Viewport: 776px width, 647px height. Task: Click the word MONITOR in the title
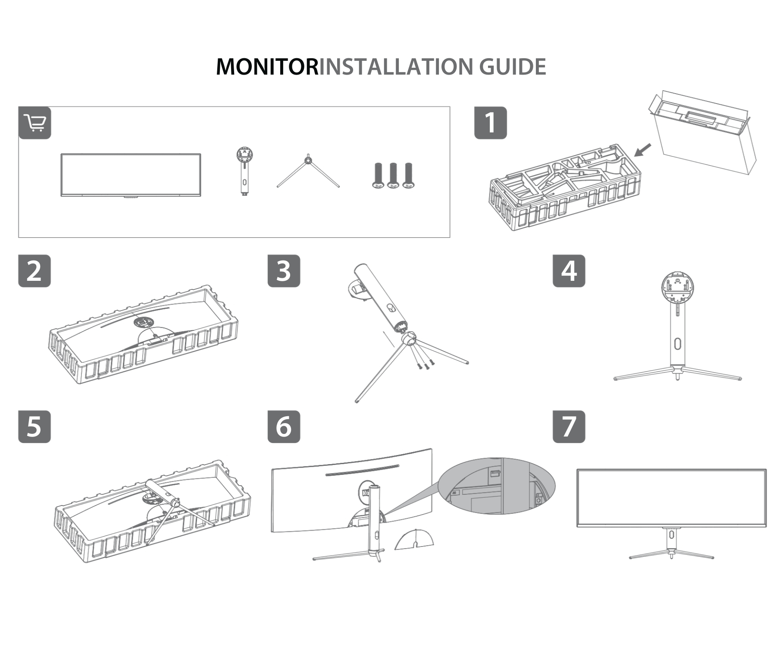[266, 67]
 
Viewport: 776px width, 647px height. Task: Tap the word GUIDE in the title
[513, 67]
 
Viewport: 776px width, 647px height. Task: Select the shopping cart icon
[35, 123]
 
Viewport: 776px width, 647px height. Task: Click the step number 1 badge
[490, 123]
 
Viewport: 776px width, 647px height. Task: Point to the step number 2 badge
[34, 271]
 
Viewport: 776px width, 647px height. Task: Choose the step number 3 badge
[284, 271]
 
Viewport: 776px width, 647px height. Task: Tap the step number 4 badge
[569, 271]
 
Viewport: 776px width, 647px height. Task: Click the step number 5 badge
[34, 427]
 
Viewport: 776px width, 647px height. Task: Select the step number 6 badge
[284, 427]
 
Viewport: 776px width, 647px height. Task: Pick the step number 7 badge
[569, 427]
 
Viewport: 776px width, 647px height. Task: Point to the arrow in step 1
[643, 150]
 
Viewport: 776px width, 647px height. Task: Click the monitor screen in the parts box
[131, 175]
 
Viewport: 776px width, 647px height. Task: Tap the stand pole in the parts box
[244, 173]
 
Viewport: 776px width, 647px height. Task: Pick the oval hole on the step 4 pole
[677, 344]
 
